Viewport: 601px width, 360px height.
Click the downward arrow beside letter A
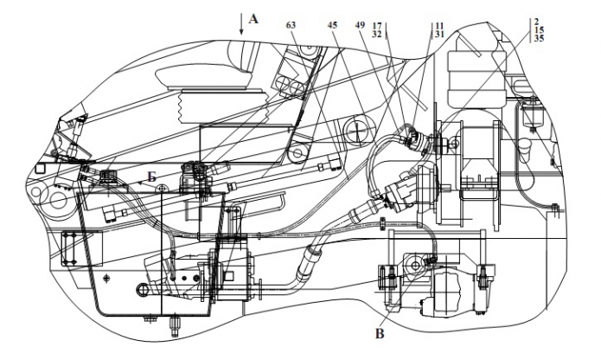click(x=242, y=23)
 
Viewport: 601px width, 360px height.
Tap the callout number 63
click(x=291, y=26)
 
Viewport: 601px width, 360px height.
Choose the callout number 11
click(x=439, y=26)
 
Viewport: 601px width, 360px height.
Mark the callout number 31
click(x=439, y=35)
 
